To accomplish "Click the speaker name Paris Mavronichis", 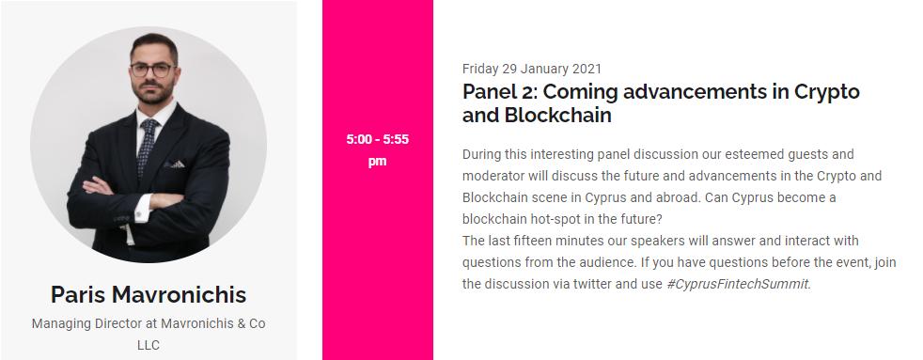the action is point(149,295).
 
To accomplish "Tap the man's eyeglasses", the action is point(153,70).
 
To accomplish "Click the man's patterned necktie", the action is point(148,146).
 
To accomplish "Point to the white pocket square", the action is point(176,164).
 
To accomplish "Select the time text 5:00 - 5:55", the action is point(377,139).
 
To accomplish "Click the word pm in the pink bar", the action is point(377,161).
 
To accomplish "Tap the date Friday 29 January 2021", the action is point(532,69).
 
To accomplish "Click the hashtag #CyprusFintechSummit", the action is point(739,284).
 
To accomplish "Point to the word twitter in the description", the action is point(592,284).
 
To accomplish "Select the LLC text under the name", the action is point(149,345).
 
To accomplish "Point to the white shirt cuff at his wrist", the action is point(142,209).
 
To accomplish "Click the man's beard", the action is point(155,92).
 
